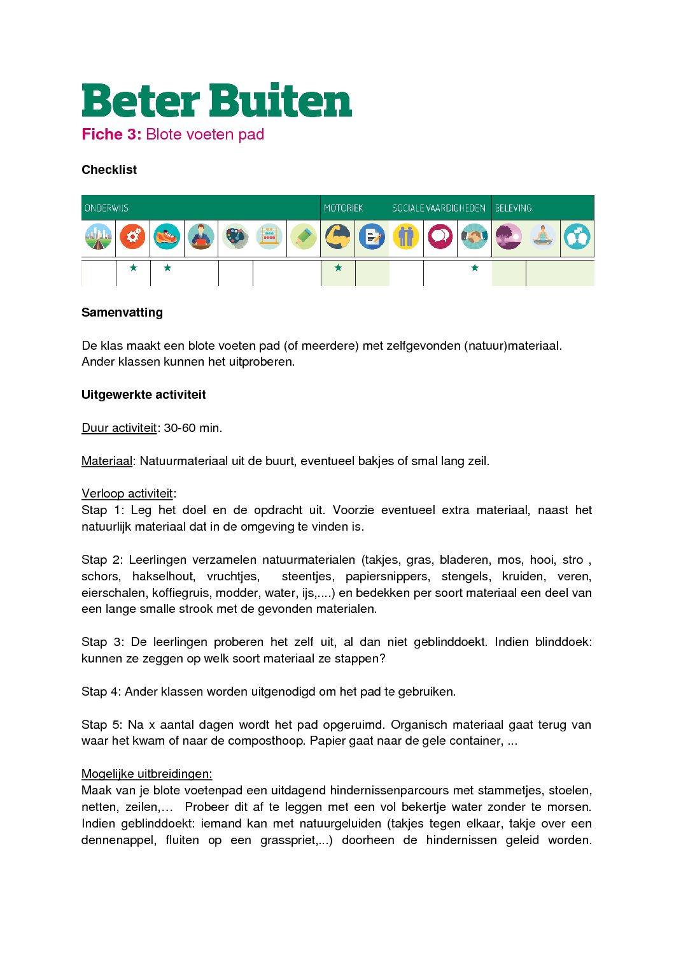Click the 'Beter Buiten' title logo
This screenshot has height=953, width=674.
(216, 101)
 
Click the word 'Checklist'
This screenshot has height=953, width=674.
(109, 170)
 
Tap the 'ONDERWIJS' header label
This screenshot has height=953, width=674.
(106, 208)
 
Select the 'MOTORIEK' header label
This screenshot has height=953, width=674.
(343, 208)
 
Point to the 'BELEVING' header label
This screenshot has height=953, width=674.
(513, 208)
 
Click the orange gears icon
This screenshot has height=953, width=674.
(133, 237)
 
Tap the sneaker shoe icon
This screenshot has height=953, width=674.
(167, 237)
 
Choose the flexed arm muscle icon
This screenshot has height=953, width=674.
(338, 237)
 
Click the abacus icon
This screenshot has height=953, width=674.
(269, 237)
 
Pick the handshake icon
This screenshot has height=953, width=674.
(474, 237)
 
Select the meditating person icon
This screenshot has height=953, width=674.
(543, 237)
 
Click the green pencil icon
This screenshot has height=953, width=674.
(304, 237)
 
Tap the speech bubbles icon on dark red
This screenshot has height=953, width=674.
(440, 237)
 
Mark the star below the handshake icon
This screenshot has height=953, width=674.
(475, 268)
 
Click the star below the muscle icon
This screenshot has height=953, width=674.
(338, 268)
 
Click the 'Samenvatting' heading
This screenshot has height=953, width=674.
(122, 313)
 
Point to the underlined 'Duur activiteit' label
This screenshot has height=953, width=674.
(119, 428)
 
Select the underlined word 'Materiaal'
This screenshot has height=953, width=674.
(107, 461)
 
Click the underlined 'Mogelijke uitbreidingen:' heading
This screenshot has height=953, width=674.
(146, 774)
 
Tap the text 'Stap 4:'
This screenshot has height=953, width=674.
(101, 692)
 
